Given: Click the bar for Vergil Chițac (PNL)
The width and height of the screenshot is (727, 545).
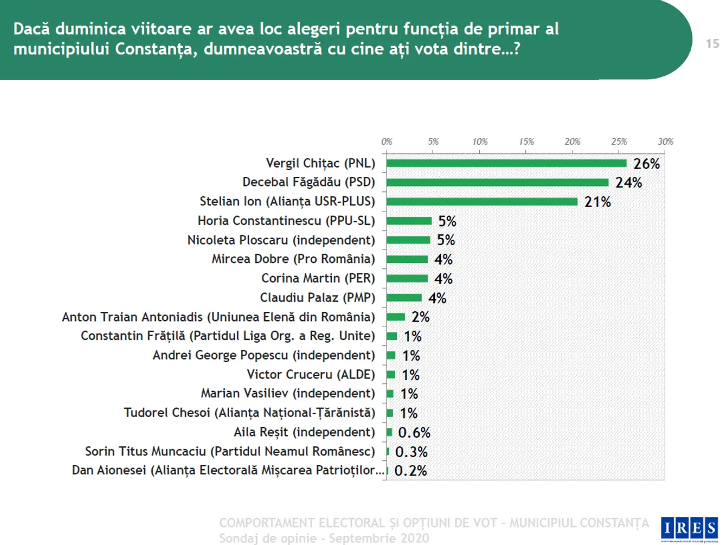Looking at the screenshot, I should pyautogui.click(x=506, y=163).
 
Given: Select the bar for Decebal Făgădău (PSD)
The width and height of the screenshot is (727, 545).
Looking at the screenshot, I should pyautogui.click(x=497, y=182).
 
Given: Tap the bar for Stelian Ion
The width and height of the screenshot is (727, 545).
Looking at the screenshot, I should pyautogui.click(x=482, y=202).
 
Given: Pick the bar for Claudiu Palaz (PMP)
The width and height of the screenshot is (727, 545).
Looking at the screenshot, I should pyautogui.click(x=404, y=297).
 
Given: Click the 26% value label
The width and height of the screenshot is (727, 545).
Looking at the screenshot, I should pyautogui.click(x=646, y=164).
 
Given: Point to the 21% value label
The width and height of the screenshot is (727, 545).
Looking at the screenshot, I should pyautogui.click(x=598, y=202).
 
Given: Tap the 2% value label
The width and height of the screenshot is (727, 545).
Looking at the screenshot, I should pyautogui.click(x=420, y=317).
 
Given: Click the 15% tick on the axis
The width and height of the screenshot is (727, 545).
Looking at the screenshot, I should pyautogui.click(x=526, y=141).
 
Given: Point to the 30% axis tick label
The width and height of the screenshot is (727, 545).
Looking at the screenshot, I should pyautogui.click(x=666, y=141).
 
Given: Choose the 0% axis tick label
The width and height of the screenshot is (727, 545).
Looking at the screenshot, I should pyautogui.click(x=387, y=141).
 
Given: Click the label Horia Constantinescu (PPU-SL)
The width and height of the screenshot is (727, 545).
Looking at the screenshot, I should pyautogui.click(x=287, y=221).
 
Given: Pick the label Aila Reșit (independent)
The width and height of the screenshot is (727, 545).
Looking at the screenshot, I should pyautogui.click(x=304, y=432).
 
